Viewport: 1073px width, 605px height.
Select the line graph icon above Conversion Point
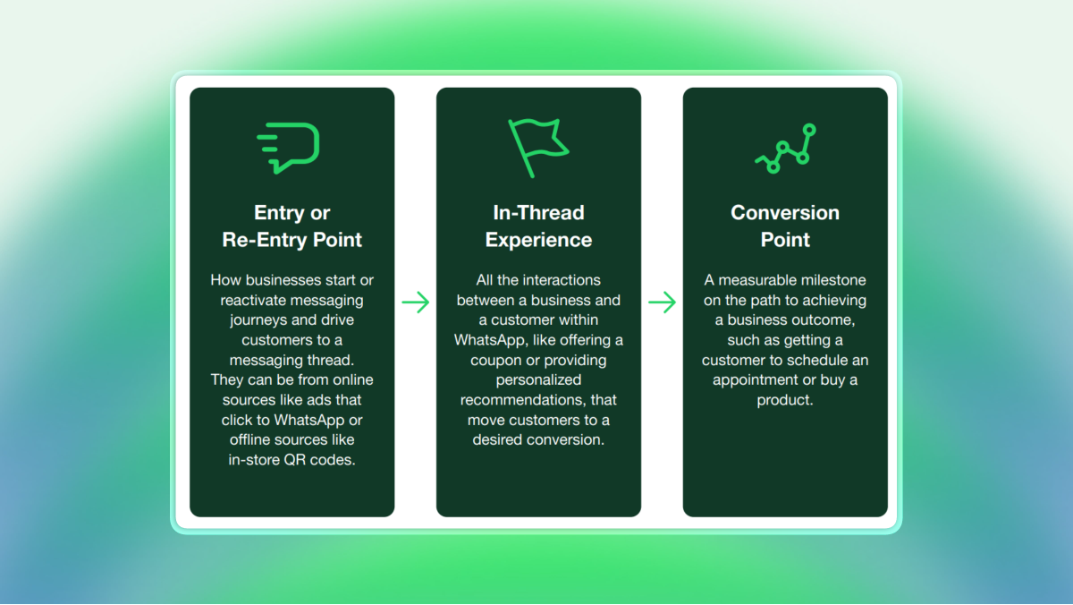(785, 149)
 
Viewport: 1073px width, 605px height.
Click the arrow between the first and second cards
(415, 302)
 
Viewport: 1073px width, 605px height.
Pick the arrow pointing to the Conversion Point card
(662, 302)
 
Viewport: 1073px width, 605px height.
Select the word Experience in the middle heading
(538, 240)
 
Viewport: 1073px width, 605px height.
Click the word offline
(254, 439)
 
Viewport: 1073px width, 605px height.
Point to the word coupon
(499, 360)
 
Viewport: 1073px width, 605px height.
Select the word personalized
(538, 379)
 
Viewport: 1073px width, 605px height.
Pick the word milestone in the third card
(834, 280)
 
